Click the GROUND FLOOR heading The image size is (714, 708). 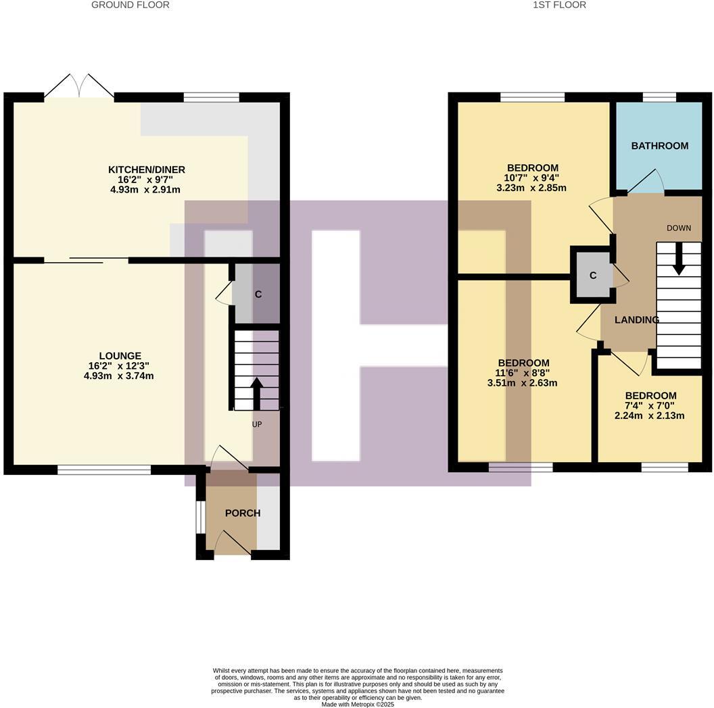pyautogui.click(x=130, y=5)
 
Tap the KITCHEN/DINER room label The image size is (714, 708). pyautogui.click(x=147, y=170)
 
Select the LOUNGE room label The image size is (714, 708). pyautogui.click(x=120, y=355)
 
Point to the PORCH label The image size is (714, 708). pyautogui.click(x=242, y=513)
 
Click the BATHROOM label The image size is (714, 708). pyautogui.click(x=659, y=145)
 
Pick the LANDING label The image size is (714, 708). pyautogui.click(x=636, y=320)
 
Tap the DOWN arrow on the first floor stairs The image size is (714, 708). pyautogui.click(x=679, y=259)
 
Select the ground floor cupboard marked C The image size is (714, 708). pyautogui.click(x=258, y=295)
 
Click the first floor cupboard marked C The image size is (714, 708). pyautogui.click(x=593, y=275)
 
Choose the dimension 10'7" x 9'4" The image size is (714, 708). pyautogui.click(x=533, y=178)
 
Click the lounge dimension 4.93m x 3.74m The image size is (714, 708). pyautogui.click(x=119, y=376)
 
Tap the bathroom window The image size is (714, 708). pyautogui.click(x=659, y=97)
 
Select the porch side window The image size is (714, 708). pyautogui.click(x=200, y=517)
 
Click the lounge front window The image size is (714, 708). pyautogui.click(x=104, y=470)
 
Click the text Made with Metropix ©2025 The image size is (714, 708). pyautogui.click(x=357, y=704)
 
